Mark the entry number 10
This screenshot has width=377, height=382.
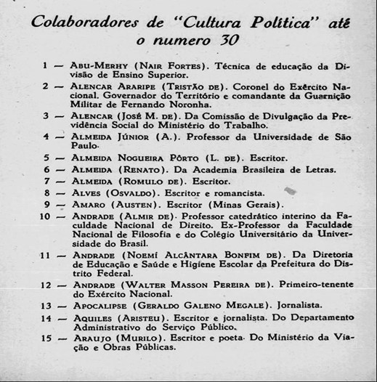[44, 216]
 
